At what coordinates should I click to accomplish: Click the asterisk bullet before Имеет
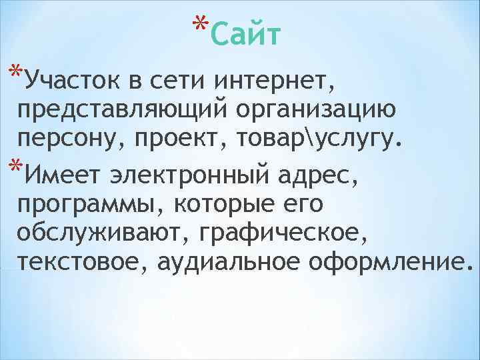pos(14,166)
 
